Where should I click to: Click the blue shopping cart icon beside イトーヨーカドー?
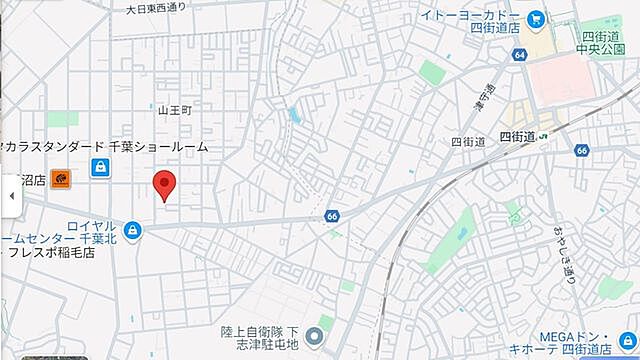pos(535,17)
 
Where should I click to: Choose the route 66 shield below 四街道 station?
pos(582,150)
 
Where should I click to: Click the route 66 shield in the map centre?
pos(332,216)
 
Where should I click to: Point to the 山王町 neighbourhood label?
pos(173,109)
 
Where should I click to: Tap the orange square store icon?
pos(62,179)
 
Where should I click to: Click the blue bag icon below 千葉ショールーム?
pos(99,168)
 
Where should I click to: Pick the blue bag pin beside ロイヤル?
pos(133,231)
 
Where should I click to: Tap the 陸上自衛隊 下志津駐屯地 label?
pos(260,336)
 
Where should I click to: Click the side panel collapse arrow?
pos(11,196)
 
